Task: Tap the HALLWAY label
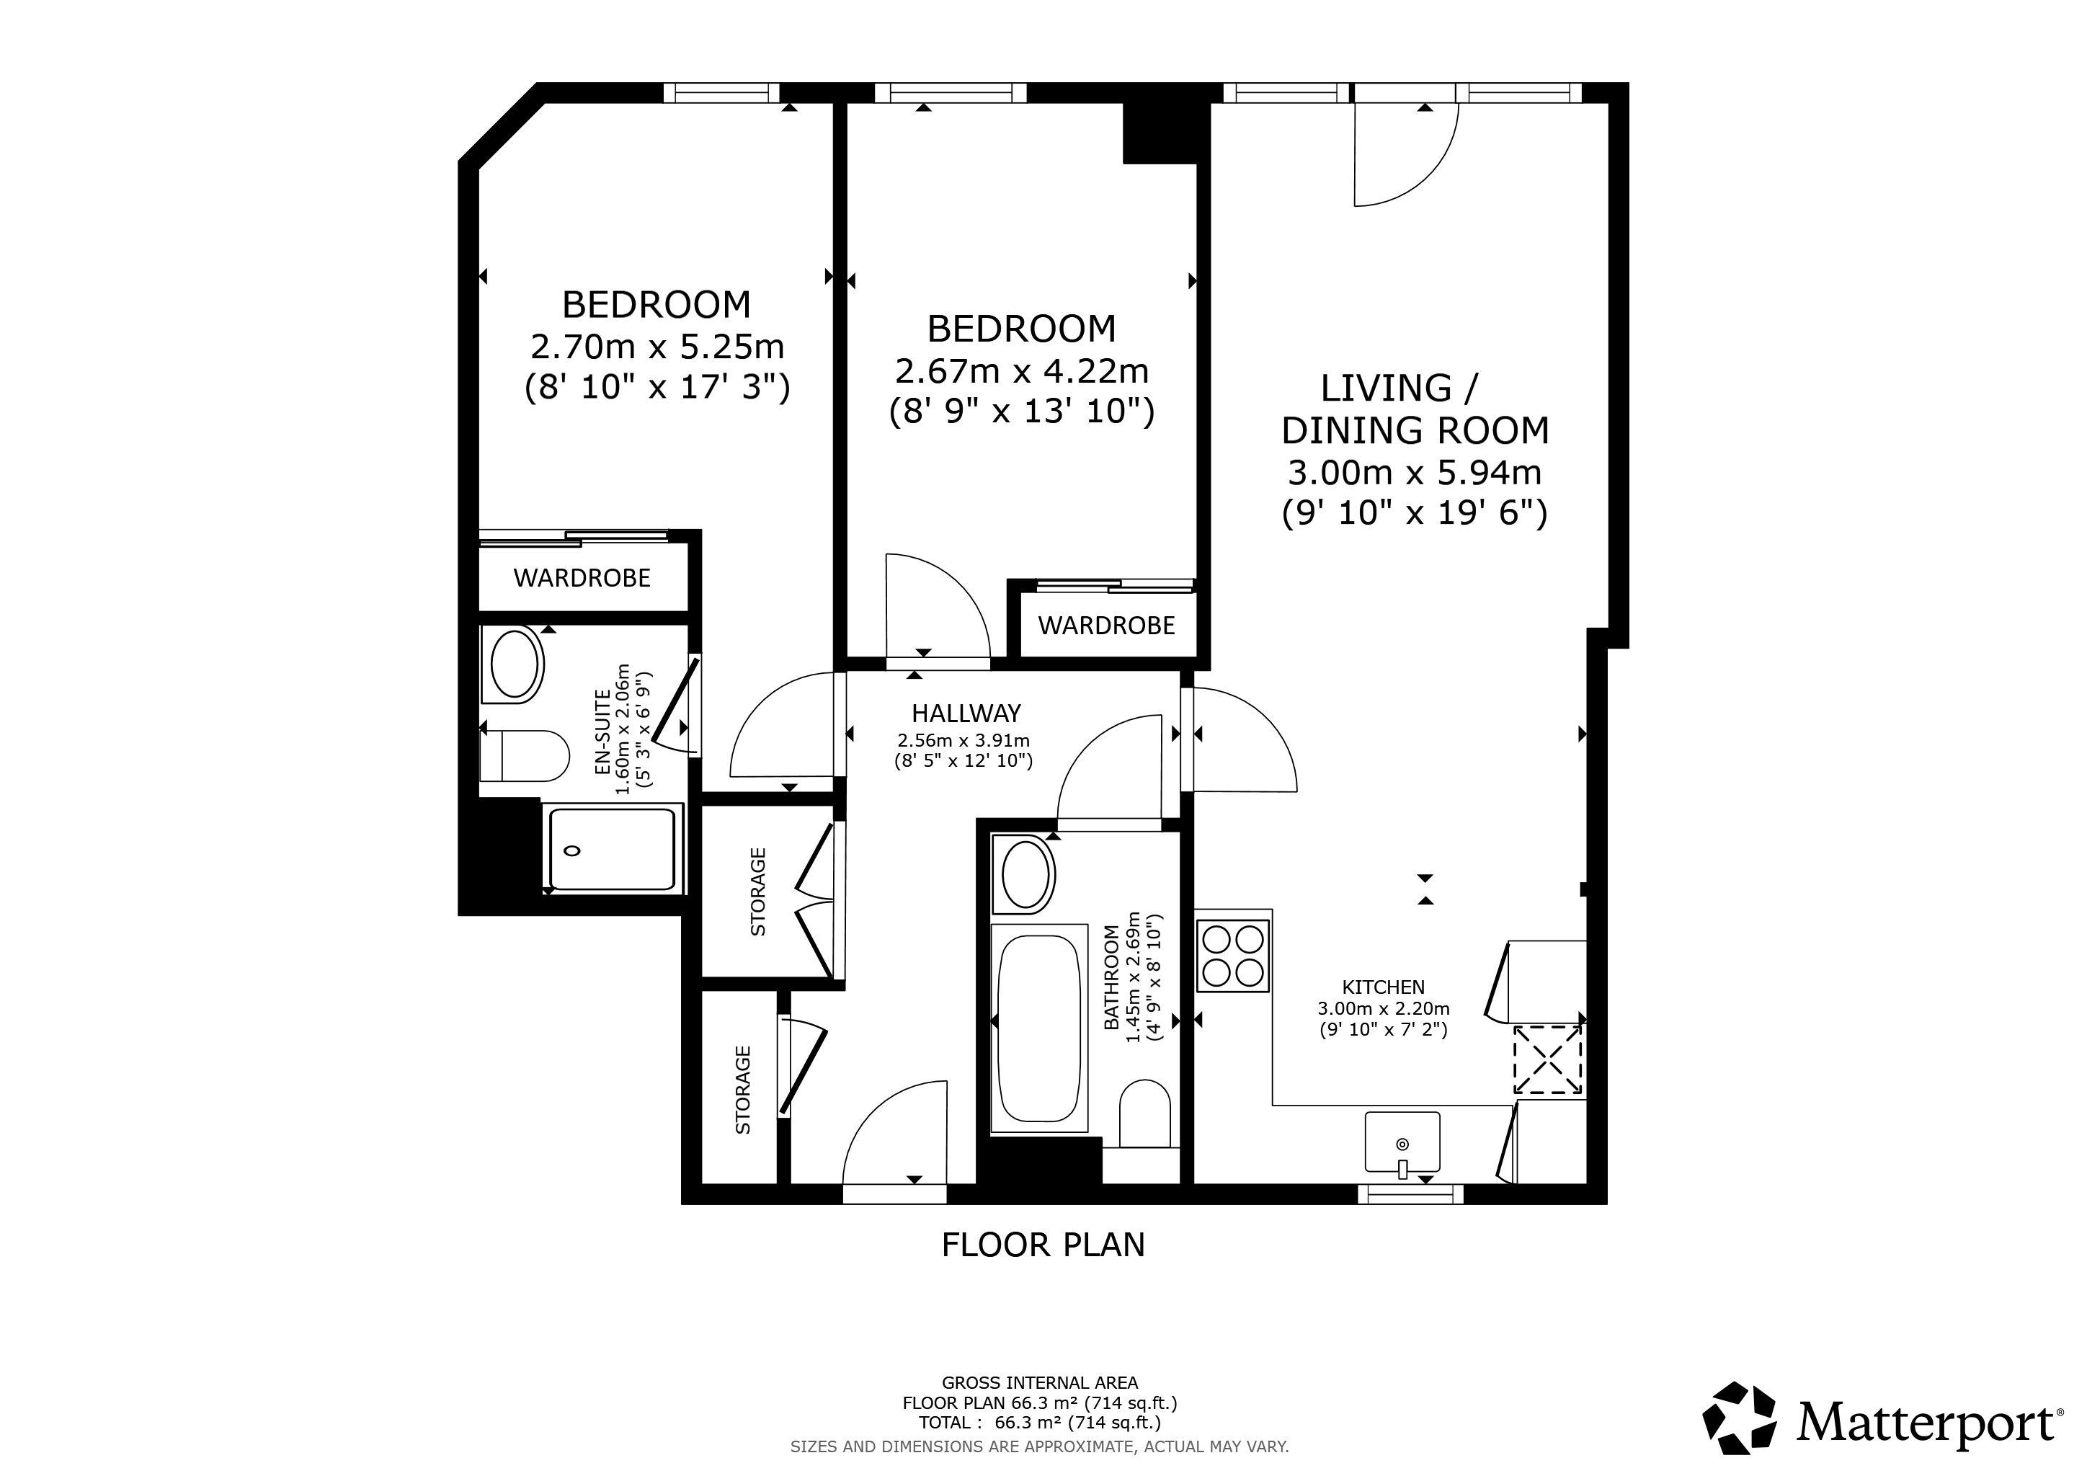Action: pyautogui.click(x=966, y=713)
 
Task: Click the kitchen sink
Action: pyautogui.click(x=1402, y=1142)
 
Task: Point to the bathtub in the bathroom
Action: pyautogui.click(x=1039, y=1029)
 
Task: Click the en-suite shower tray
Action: pyautogui.click(x=613, y=849)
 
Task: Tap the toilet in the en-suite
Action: pyautogui.click(x=524, y=756)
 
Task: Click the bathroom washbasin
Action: pyautogui.click(x=1025, y=874)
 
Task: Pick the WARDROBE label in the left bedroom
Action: pyautogui.click(x=582, y=578)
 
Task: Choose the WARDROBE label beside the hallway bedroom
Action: pyautogui.click(x=1106, y=626)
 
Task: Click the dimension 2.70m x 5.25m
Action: pyautogui.click(x=657, y=346)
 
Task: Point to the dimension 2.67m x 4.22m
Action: pyautogui.click(x=1022, y=371)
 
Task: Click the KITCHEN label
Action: pyautogui.click(x=1384, y=987)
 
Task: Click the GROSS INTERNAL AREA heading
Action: pyautogui.click(x=1040, y=1383)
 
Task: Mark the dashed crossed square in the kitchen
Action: pyautogui.click(x=1547, y=1059)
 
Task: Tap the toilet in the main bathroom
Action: pyautogui.click(x=1144, y=1113)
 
